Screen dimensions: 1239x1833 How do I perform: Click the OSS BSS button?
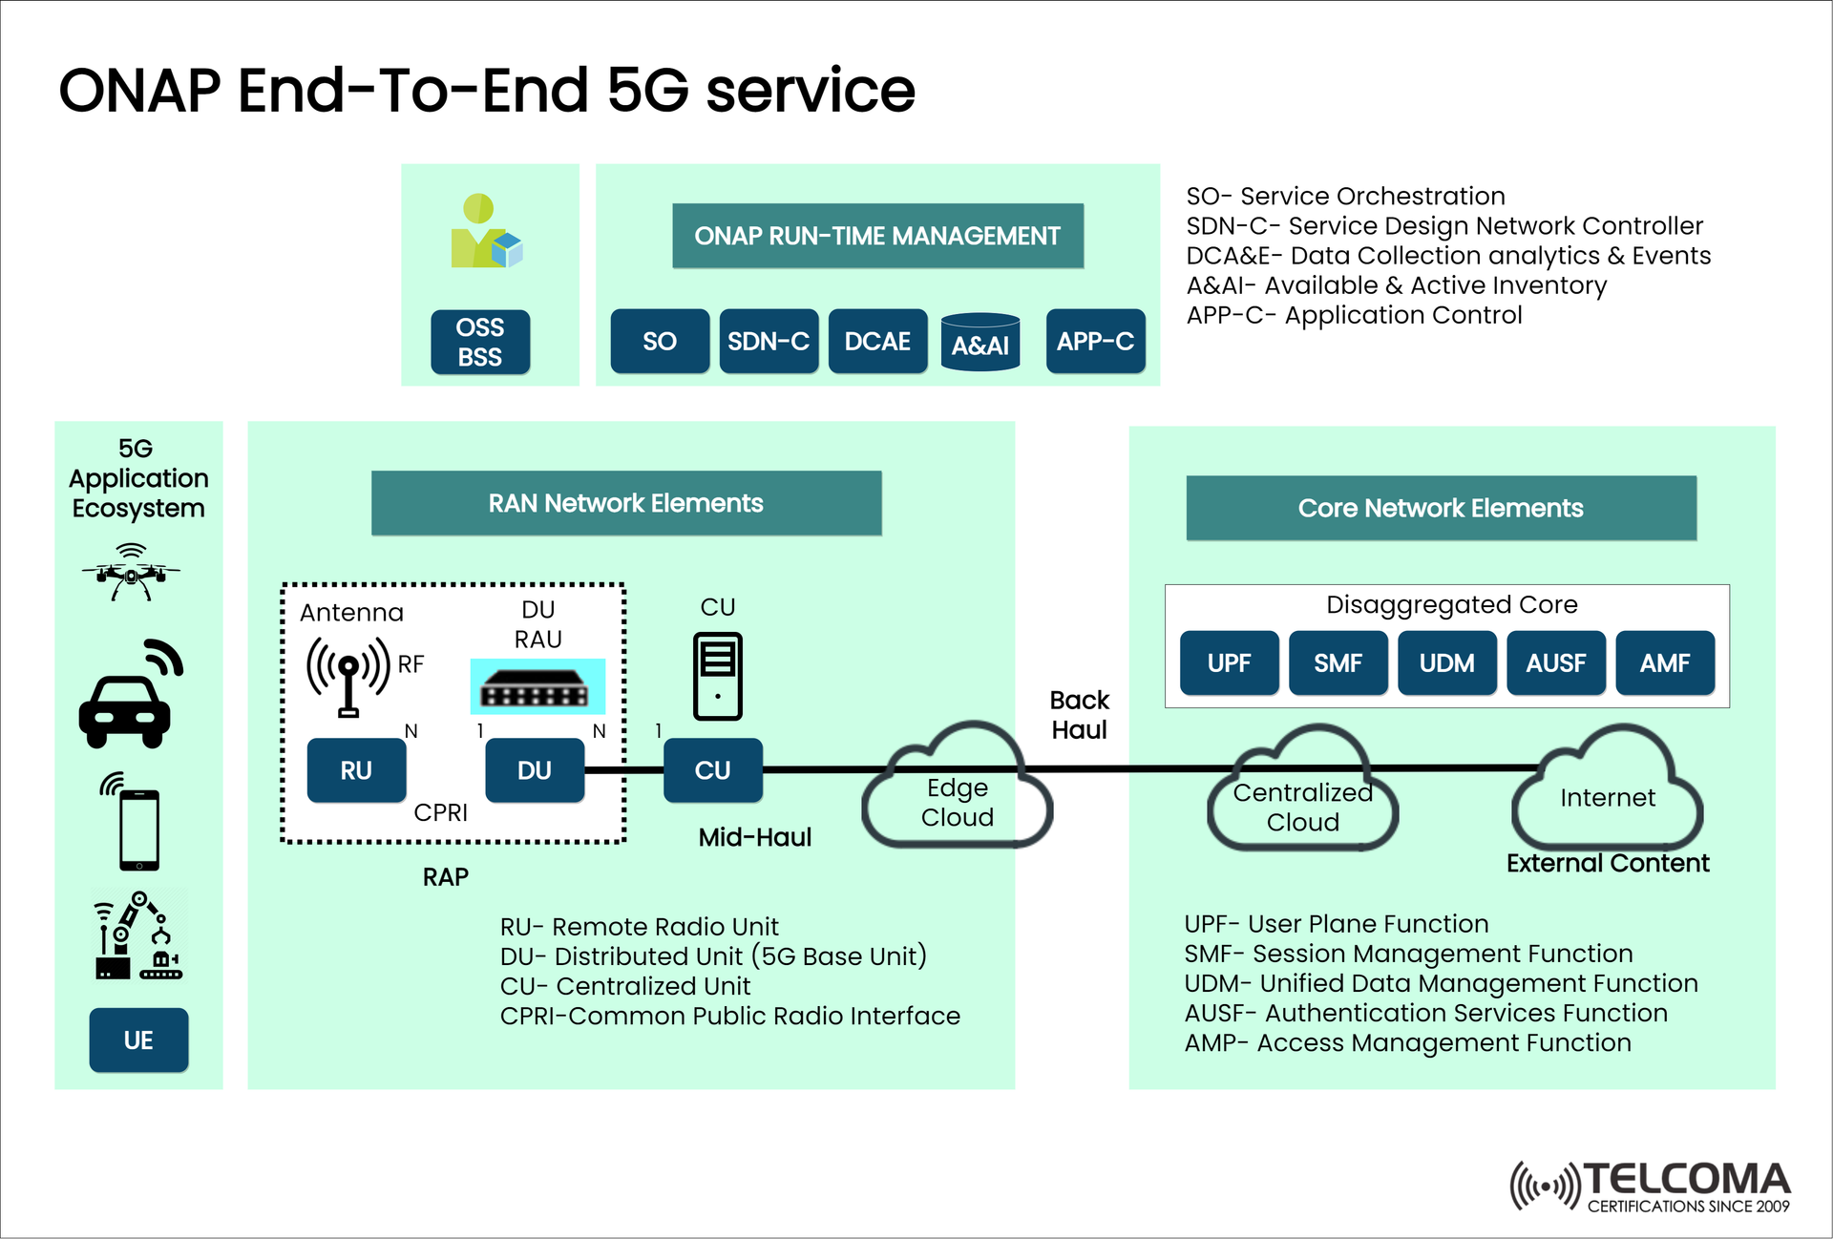[x=479, y=342]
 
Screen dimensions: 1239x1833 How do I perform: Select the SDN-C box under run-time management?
[x=768, y=341]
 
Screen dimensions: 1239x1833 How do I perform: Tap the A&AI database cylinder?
[x=980, y=343]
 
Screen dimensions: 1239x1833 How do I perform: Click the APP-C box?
[x=1095, y=341]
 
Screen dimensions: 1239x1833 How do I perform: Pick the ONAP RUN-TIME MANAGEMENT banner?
[x=877, y=236]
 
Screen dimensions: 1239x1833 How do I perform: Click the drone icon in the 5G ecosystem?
[x=131, y=573]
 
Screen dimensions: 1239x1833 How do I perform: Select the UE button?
[x=138, y=1039]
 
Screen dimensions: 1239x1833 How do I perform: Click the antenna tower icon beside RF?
[x=348, y=674]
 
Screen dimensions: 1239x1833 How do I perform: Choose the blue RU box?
[x=356, y=770]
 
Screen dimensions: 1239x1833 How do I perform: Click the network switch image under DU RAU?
[x=537, y=687]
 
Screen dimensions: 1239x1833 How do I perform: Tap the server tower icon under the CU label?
[x=717, y=676]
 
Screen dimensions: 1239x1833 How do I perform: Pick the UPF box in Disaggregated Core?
[x=1229, y=662]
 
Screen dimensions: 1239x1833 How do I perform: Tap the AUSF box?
[x=1555, y=662]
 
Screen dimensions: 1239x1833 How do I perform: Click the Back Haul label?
[x=1079, y=714]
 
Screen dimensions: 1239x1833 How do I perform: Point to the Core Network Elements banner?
[x=1440, y=508]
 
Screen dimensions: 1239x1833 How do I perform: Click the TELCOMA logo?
[x=1652, y=1186]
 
